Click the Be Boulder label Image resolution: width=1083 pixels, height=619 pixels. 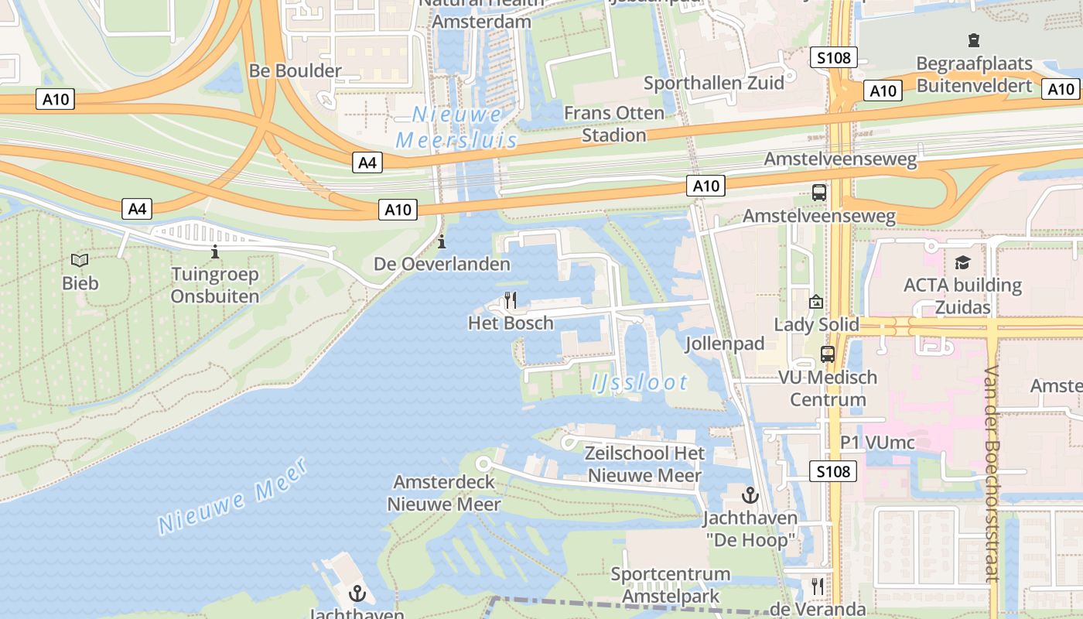tap(295, 71)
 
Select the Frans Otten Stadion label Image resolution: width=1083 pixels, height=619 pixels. tap(613, 124)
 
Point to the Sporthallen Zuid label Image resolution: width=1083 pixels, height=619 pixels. tap(713, 83)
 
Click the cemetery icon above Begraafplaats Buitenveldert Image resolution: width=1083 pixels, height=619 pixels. tap(973, 40)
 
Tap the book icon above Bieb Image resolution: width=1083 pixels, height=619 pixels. tap(80, 261)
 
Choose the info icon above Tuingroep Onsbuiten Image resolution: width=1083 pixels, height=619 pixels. tap(214, 251)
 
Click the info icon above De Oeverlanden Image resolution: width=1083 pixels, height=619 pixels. tap(442, 242)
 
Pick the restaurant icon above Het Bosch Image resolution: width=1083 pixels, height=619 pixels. tap(510, 300)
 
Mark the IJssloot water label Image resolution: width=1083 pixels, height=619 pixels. tap(640, 382)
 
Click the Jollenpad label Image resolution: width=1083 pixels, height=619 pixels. tap(725, 343)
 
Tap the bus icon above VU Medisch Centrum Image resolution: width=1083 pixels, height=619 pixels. tap(827, 354)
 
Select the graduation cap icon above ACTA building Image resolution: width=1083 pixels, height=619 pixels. tap(962, 263)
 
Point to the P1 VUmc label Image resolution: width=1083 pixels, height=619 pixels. tap(877, 443)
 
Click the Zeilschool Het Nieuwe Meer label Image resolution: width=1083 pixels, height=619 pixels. tap(644, 464)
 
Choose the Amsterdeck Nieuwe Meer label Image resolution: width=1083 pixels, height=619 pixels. tap(444, 493)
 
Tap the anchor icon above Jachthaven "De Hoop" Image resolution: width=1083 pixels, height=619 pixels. tap(750, 495)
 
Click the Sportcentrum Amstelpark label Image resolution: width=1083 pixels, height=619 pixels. tap(670, 585)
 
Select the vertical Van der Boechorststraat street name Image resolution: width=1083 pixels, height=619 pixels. tap(992, 474)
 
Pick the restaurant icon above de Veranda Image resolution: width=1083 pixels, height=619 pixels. tap(817, 586)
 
